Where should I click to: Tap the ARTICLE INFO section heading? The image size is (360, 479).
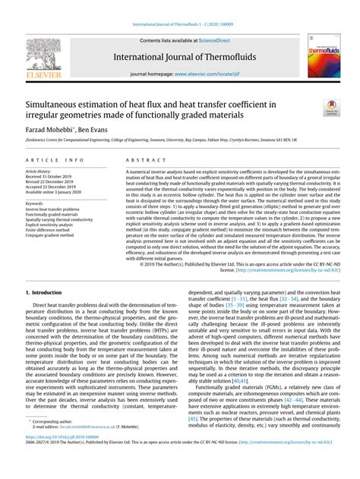(55, 161)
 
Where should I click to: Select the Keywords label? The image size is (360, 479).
(34, 203)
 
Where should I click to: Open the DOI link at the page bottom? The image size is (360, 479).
(69, 459)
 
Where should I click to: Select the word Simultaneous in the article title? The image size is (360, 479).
(58, 102)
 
